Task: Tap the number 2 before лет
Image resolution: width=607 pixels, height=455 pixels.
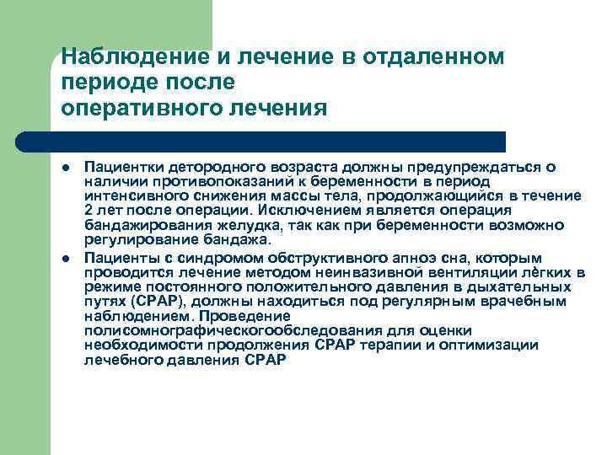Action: point(89,210)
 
